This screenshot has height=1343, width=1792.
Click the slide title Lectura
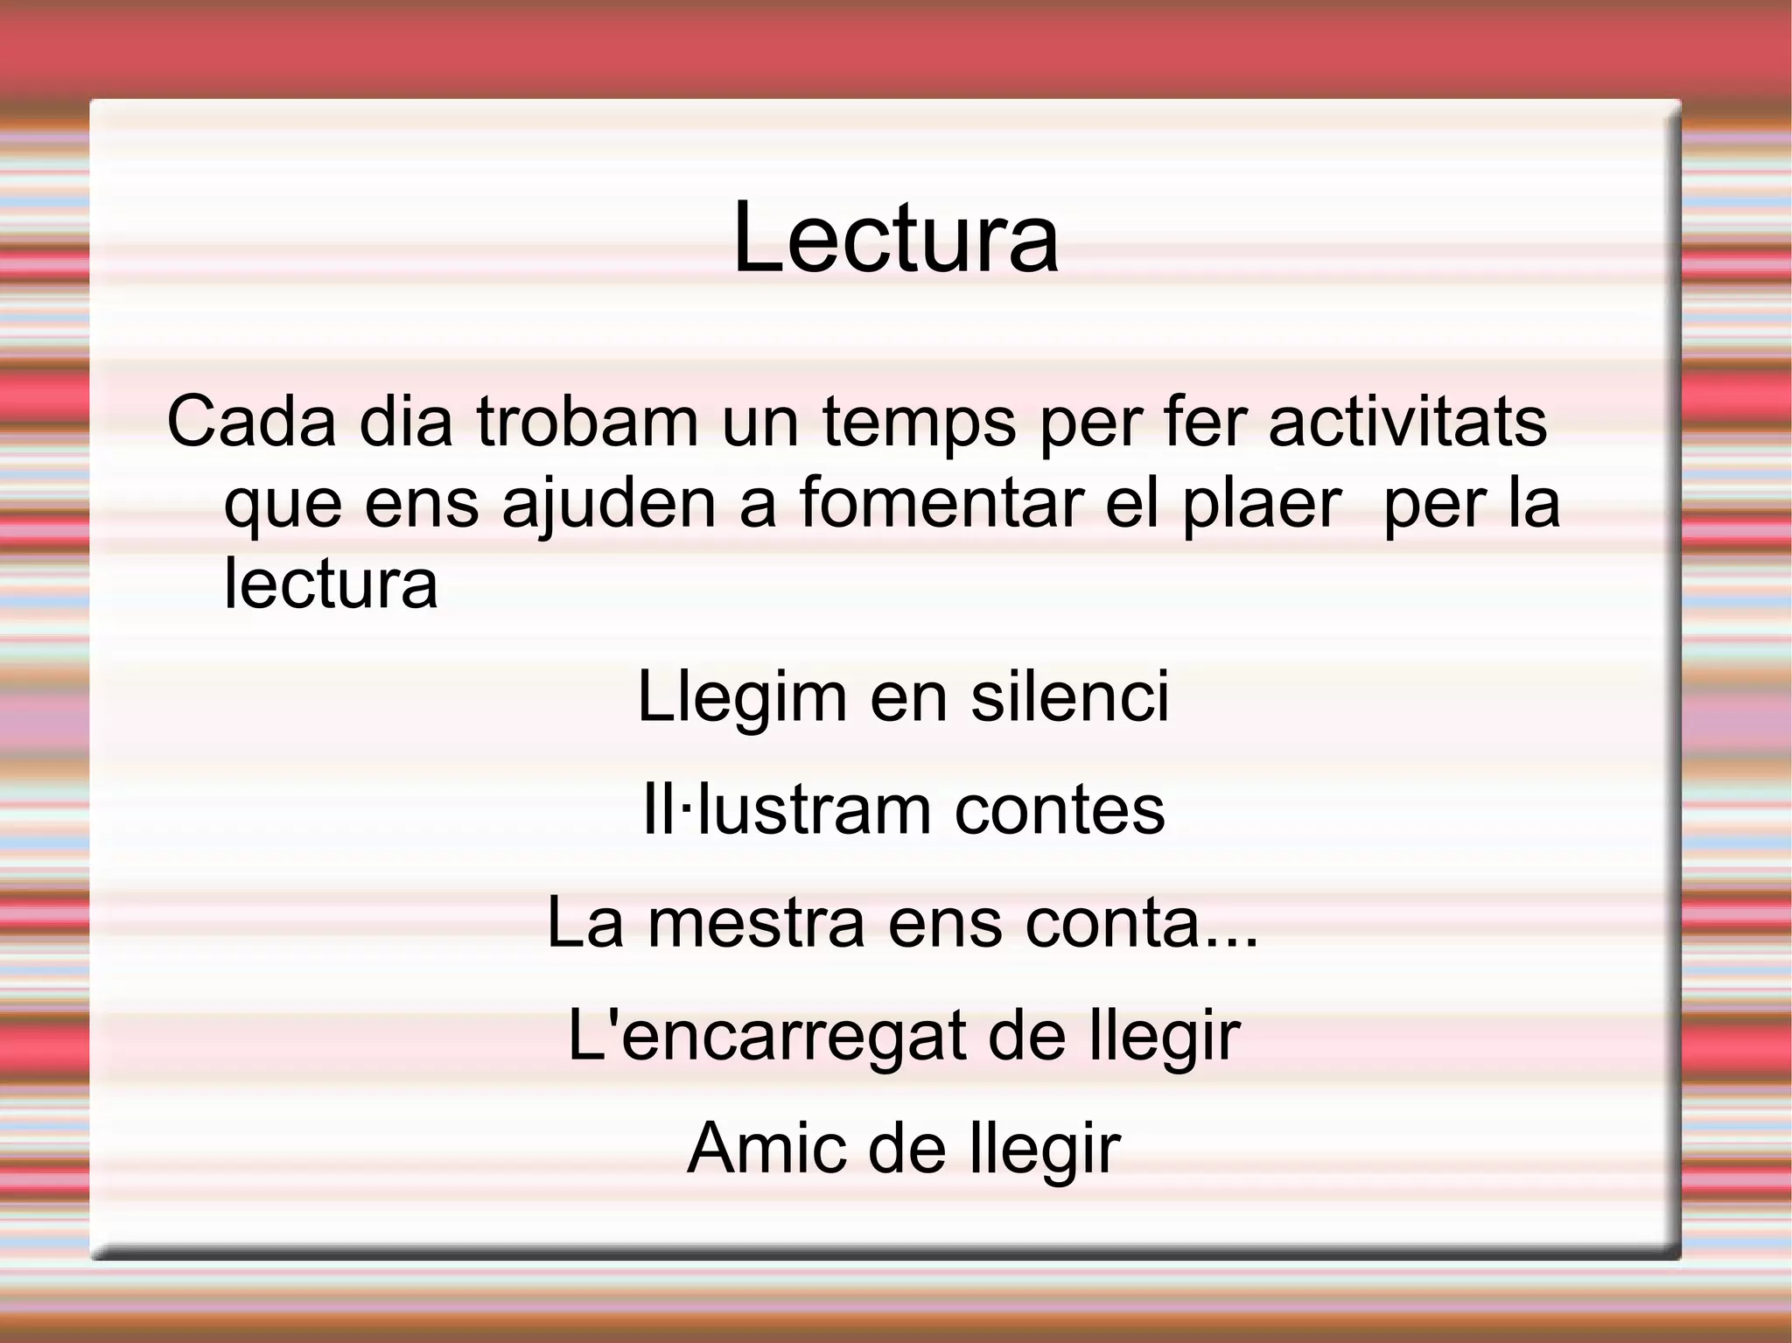point(895,238)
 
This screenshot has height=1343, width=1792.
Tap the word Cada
point(251,422)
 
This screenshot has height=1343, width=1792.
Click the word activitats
point(1407,422)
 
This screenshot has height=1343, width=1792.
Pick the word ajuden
point(609,504)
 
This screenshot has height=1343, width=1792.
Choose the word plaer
point(1262,504)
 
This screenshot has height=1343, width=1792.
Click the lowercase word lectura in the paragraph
point(331,583)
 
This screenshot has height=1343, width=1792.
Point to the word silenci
point(1069,696)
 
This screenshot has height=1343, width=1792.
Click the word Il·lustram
point(787,809)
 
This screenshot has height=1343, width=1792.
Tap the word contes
point(1060,810)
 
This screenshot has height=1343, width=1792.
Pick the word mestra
point(756,922)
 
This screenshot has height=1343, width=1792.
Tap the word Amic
point(766,1147)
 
